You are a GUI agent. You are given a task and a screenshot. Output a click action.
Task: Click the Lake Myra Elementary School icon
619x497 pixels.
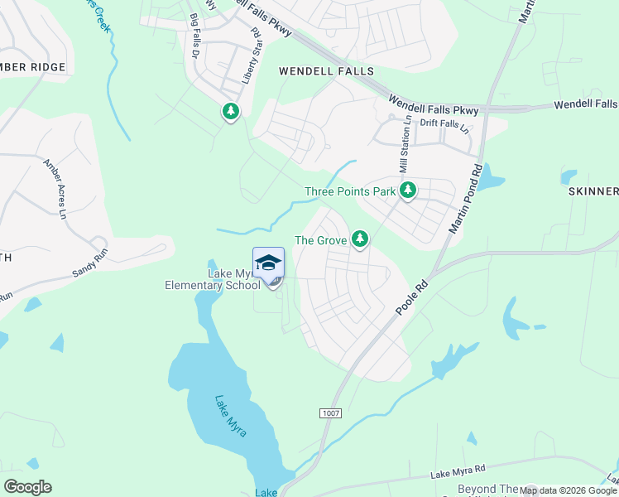(268, 263)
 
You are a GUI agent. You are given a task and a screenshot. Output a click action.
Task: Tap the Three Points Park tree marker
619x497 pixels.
(407, 191)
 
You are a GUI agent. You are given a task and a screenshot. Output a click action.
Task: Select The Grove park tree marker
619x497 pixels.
(359, 239)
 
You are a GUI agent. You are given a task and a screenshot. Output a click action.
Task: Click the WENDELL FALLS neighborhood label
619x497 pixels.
(326, 72)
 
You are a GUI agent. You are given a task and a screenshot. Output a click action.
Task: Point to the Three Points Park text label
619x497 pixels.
(350, 191)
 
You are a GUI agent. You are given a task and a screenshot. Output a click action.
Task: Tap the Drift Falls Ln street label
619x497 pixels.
(444, 127)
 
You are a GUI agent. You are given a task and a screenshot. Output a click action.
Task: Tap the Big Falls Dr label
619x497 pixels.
(197, 34)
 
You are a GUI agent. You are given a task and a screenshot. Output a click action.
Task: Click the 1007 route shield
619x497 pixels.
(329, 413)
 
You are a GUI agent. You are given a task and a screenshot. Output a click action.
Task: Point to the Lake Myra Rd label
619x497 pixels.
(458, 471)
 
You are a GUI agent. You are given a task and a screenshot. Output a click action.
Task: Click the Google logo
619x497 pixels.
(27, 487)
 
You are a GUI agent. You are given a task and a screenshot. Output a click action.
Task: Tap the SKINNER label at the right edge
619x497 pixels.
(593, 191)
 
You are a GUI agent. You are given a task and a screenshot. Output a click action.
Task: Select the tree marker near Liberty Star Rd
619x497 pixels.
(230, 111)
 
